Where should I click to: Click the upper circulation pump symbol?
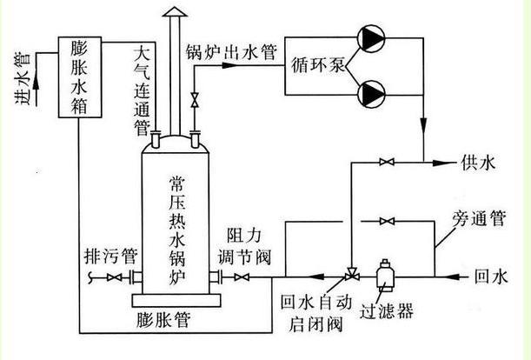[x=371, y=38]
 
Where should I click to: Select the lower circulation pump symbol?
[x=371, y=94]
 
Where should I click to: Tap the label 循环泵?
[x=318, y=64]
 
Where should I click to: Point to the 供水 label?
[x=478, y=163]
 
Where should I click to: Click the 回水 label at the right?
[x=491, y=277]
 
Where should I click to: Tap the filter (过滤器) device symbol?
[x=385, y=275]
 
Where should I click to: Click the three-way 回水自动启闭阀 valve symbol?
[x=351, y=274]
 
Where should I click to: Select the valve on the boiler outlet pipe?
[x=195, y=100]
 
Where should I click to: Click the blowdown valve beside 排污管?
[x=114, y=277]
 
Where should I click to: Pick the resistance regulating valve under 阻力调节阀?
[x=242, y=277]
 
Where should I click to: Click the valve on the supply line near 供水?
[x=387, y=162]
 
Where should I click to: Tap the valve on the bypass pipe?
[x=387, y=222]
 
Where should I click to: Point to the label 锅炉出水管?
[x=231, y=52]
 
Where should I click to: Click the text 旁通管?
[x=479, y=218]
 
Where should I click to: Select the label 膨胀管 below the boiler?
[x=163, y=320]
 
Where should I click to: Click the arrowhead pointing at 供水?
[x=442, y=163]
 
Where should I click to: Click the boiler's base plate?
[x=176, y=300]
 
